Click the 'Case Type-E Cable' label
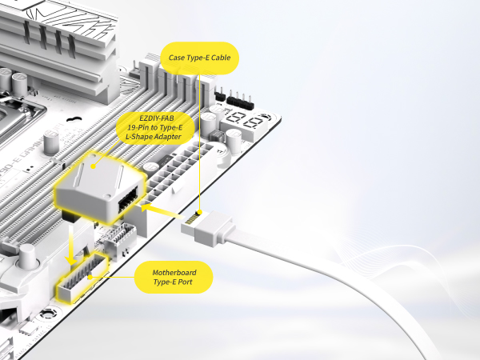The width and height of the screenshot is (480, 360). (200, 58)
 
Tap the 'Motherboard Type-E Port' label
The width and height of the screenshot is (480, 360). (174, 278)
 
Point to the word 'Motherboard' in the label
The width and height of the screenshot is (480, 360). (174, 273)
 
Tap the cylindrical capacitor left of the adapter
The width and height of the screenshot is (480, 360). (50, 143)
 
